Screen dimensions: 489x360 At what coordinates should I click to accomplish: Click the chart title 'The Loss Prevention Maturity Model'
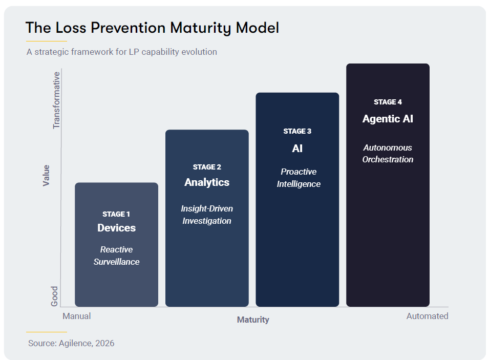click(x=152, y=28)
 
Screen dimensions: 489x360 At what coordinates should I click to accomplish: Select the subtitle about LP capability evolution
click(x=122, y=52)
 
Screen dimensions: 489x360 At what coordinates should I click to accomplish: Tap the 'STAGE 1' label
click(x=116, y=214)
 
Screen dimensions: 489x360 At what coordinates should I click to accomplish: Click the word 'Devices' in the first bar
click(x=116, y=228)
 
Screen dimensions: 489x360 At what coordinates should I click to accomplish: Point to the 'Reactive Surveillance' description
click(x=116, y=256)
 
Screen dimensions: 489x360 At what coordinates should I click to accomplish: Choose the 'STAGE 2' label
click(x=207, y=167)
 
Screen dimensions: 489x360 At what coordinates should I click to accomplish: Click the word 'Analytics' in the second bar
click(x=207, y=182)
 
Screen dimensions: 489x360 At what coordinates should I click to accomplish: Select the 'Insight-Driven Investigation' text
click(x=207, y=215)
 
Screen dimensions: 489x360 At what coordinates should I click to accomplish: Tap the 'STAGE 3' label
click(x=297, y=131)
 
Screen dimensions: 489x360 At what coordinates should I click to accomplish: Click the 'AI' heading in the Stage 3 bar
click(x=297, y=149)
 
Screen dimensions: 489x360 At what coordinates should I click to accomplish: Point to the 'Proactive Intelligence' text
click(x=299, y=178)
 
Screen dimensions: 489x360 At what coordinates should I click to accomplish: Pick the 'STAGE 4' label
click(x=388, y=102)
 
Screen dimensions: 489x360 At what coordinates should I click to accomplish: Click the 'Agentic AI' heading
click(x=388, y=119)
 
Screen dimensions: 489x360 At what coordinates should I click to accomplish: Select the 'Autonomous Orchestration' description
click(x=388, y=154)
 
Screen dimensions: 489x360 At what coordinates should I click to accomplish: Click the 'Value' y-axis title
click(x=46, y=176)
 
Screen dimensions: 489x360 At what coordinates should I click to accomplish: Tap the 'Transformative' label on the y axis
click(x=56, y=100)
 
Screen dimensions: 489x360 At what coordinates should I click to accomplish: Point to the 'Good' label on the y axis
click(x=54, y=297)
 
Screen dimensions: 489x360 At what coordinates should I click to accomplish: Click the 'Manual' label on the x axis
click(x=76, y=316)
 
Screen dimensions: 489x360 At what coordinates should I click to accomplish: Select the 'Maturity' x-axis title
click(x=253, y=320)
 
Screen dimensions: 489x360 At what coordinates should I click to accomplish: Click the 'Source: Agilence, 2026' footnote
click(x=71, y=343)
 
